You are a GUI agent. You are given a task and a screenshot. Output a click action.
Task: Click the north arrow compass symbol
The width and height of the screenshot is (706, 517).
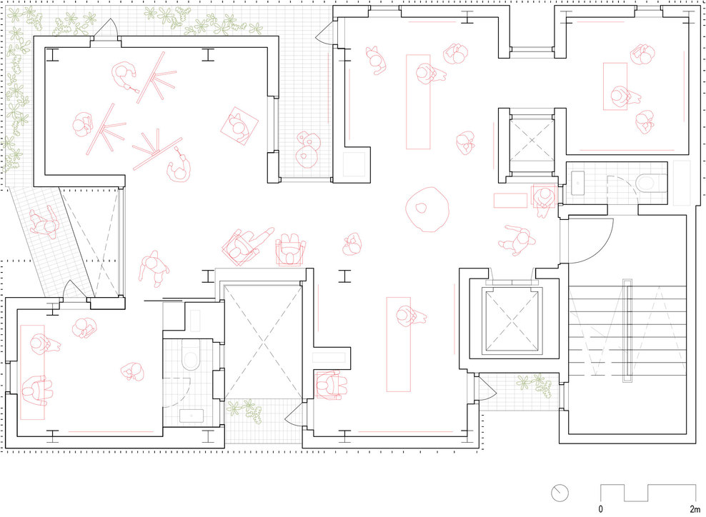coord(560,493)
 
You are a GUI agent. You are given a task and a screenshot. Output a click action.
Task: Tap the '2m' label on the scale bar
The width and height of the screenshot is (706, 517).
coord(695,509)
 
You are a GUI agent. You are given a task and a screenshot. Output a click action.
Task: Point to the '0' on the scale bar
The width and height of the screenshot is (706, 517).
coord(601,509)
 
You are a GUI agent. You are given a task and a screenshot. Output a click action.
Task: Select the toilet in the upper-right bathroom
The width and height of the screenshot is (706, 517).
coord(648,183)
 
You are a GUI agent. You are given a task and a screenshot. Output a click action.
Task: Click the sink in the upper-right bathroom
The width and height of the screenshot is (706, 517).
coord(577,183)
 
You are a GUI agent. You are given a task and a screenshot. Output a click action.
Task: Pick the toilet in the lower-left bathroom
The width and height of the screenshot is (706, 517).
coord(191,355)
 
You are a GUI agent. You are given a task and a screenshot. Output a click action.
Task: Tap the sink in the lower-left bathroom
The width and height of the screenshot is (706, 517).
coord(191,416)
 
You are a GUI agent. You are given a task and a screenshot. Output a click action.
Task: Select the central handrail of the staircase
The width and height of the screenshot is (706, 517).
coord(627,331)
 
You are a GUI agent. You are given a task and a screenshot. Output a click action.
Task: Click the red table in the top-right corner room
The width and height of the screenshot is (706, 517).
coord(615,86)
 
